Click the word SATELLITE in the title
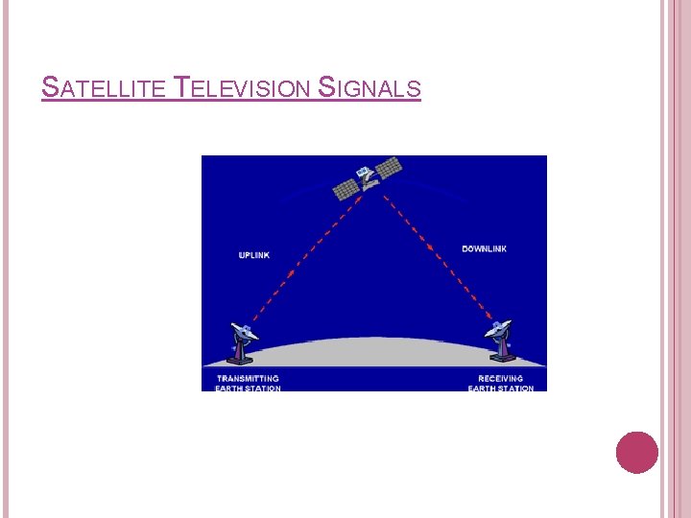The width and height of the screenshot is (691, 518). click(105, 89)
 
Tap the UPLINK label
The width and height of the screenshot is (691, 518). click(254, 255)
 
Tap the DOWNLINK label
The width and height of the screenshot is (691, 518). click(484, 249)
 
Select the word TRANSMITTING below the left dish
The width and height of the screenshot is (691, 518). click(248, 379)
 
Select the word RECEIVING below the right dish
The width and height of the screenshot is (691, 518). click(501, 379)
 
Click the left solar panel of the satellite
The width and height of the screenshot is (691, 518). click(345, 186)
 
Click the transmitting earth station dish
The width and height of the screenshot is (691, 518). click(245, 332)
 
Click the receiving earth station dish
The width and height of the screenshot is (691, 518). click(499, 329)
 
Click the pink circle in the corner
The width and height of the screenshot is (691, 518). click(637, 452)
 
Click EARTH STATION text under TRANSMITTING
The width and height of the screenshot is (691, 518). click(249, 388)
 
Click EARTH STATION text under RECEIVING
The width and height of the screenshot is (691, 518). click(501, 388)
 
